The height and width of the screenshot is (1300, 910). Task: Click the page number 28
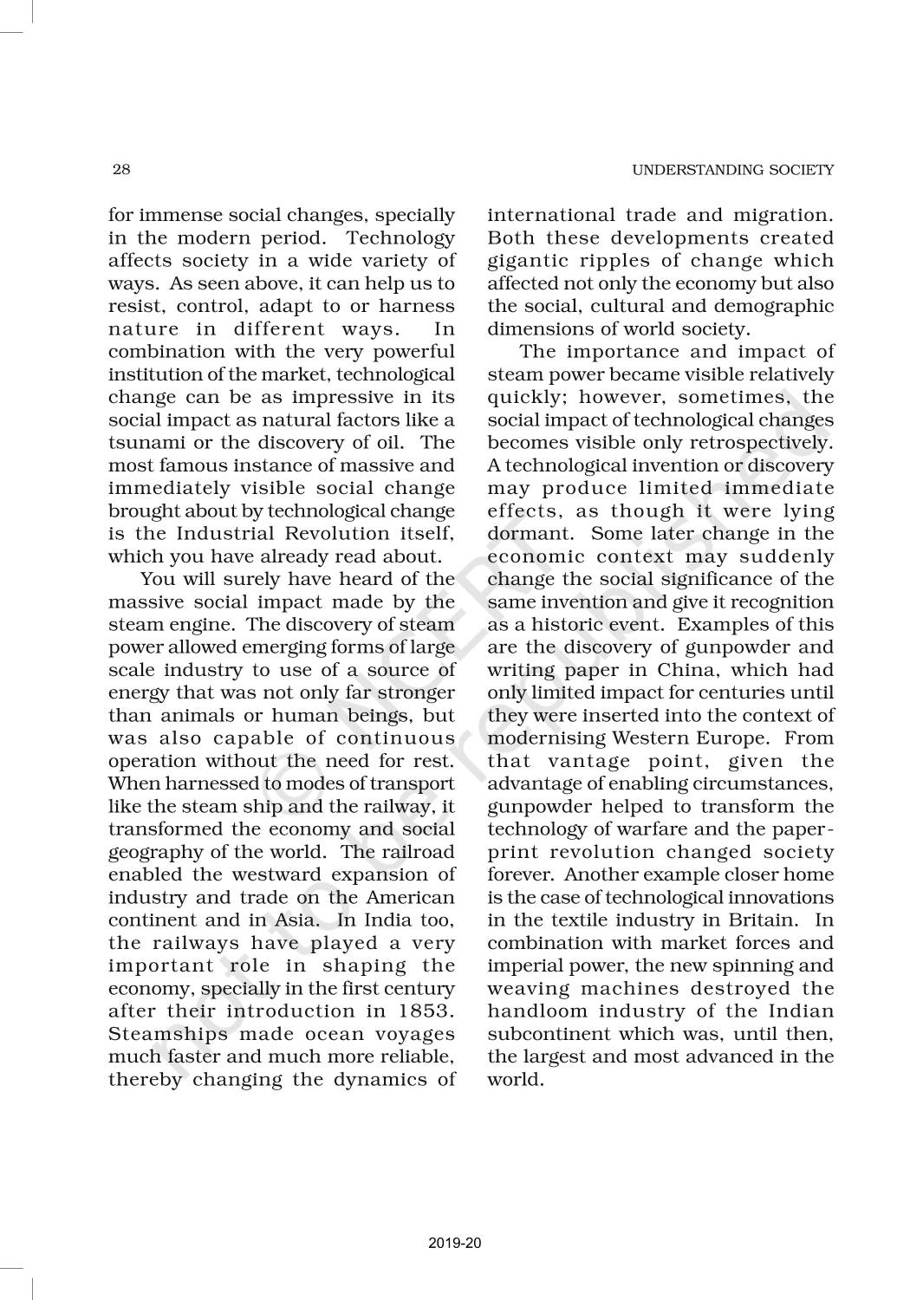click(121, 169)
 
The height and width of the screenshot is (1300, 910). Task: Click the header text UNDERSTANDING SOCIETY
click(732, 170)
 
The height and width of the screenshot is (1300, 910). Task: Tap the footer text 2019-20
click(454, 1243)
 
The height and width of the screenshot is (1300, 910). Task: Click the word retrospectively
click(764, 443)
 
